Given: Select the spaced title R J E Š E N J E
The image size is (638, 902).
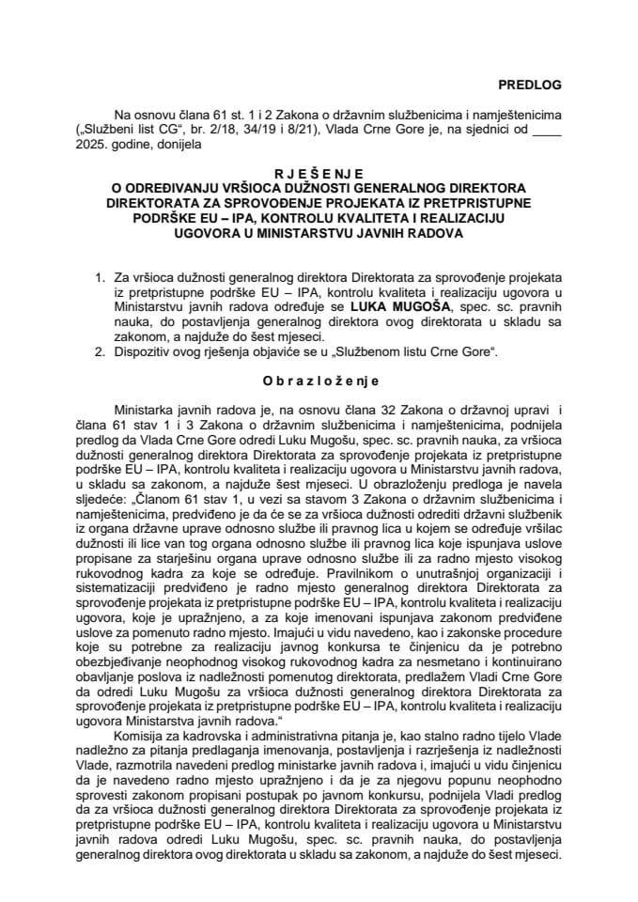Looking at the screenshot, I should point(318,174).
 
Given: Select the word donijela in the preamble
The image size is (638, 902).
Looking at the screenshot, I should point(172,146).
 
